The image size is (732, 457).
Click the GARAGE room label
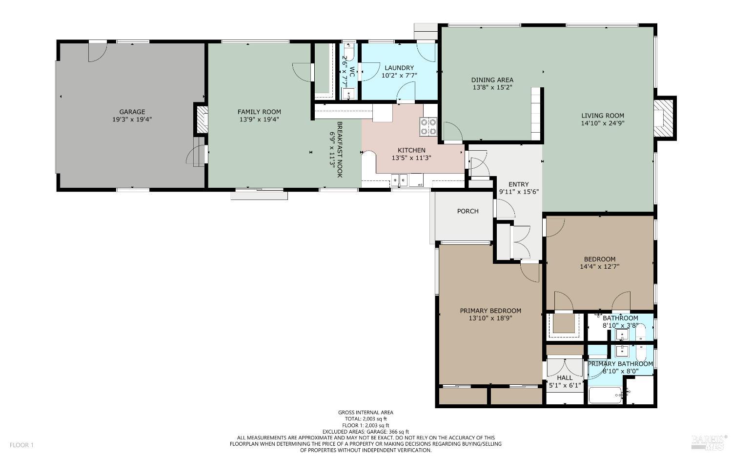point(132,112)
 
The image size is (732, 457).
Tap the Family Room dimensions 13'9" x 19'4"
point(259,119)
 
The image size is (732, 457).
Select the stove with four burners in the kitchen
point(429,127)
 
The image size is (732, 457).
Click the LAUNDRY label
point(399,68)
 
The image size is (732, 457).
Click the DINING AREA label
point(492,80)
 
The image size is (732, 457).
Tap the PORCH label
point(468,211)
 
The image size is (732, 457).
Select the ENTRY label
point(518,184)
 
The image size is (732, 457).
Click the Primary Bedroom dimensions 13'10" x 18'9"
point(490,318)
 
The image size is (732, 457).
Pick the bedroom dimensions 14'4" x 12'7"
point(599,267)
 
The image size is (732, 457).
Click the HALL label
point(565,378)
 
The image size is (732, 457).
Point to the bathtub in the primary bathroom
point(605,395)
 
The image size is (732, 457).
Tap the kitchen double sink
point(399,180)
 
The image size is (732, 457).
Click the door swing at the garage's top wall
point(97,52)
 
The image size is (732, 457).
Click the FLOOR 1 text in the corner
point(21,445)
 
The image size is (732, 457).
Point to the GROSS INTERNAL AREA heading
point(366,413)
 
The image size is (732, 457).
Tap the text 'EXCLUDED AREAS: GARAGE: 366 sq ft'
point(366,432)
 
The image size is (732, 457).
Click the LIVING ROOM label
point(602,116)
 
